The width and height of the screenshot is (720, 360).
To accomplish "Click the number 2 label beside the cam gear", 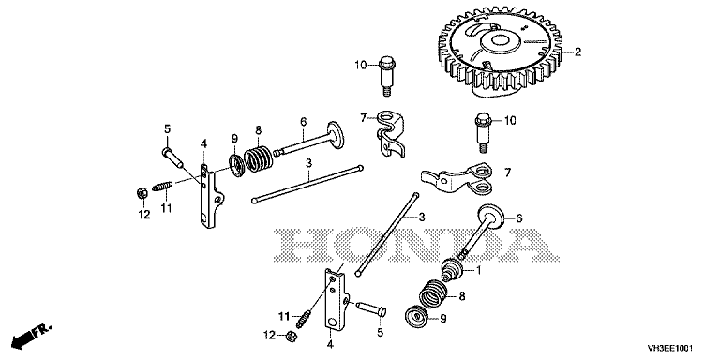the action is [x=577, y=52].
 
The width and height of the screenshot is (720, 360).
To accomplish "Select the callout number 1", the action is [x=478, y=271].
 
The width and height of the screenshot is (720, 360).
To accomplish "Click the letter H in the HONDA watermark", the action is [x=303, y=245].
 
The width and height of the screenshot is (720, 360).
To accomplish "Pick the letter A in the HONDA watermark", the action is [x=528, y=245].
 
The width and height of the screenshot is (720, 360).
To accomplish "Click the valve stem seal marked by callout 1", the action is [x=451, y=269].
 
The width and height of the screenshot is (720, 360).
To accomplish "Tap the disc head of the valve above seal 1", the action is [x=493, y=215].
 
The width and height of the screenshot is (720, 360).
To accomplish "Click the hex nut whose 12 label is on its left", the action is [x=290, y=337].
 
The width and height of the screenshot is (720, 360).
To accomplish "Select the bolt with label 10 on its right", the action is [x=482, y=132].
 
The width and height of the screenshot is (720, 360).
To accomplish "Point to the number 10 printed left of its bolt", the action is [x=361, y=66].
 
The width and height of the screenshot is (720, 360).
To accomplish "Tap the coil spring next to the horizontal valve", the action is [x=258, y=157].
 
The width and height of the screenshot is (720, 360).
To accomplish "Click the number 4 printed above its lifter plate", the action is [x=203, y=144].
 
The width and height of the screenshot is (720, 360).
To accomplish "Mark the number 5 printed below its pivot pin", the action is [x=380, y=332].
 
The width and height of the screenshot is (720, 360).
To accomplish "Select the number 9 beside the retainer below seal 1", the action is [x=442, y=318].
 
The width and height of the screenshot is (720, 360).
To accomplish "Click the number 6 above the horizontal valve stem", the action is [x=303, y=121].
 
